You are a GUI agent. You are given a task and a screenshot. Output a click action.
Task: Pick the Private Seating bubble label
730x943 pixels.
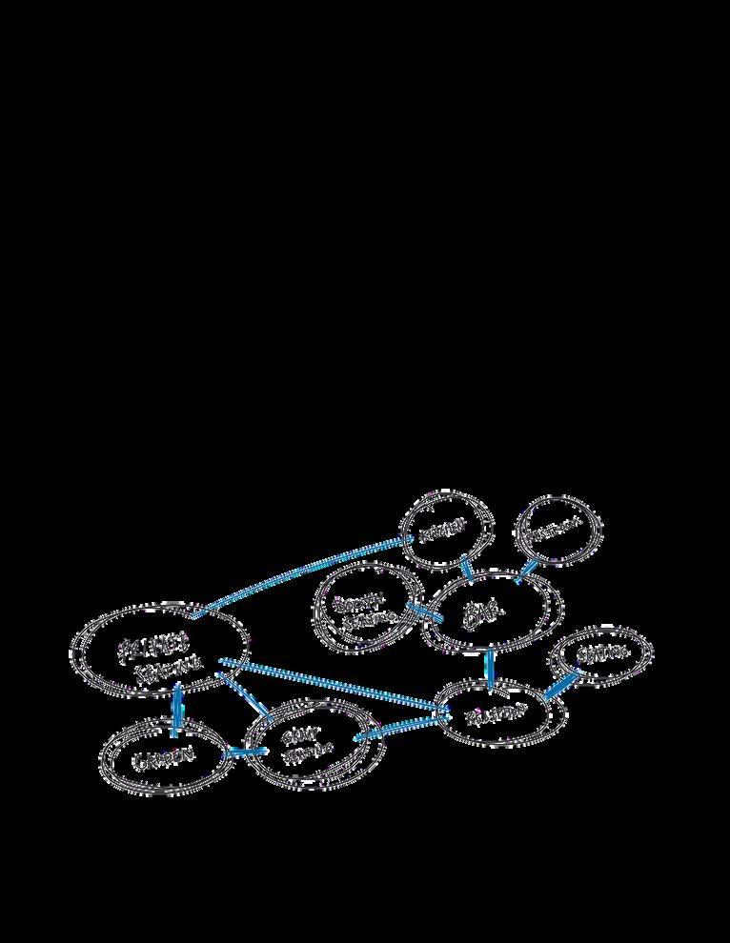click(x=154, y=657)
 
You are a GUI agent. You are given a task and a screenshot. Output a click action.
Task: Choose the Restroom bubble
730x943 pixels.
click(x=558, y=528)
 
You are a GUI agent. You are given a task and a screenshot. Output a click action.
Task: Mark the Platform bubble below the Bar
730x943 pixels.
click(x=496, y=713)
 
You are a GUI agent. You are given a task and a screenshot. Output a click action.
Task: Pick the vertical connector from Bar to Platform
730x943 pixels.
click(x=490, y=668)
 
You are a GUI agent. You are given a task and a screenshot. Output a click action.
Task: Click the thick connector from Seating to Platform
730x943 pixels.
click(x=562, y=687)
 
